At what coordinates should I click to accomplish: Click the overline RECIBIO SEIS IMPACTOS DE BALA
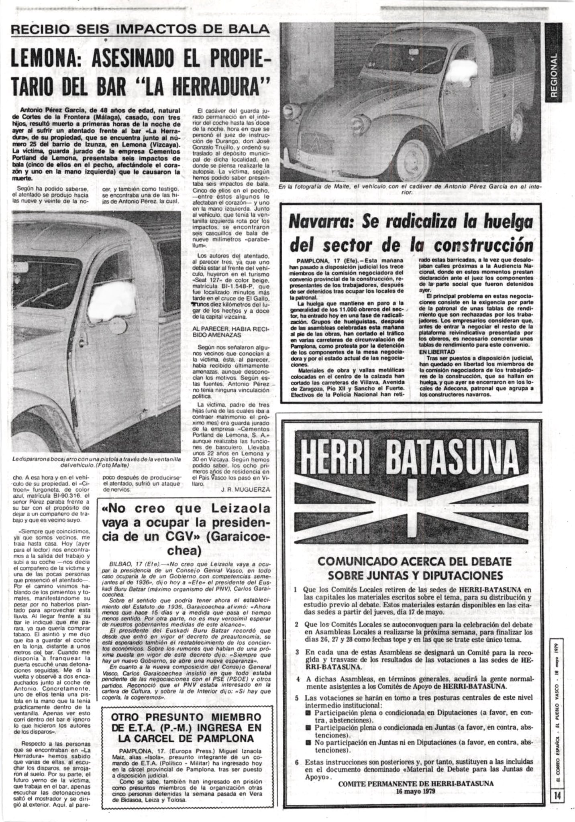pos(140,29)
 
